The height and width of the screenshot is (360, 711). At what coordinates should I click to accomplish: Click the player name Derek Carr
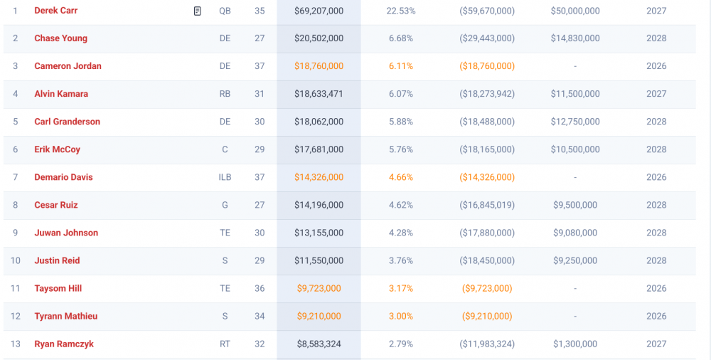click(x=56, y=11)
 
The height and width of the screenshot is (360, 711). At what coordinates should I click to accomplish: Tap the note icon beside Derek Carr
click(x=198, y=11)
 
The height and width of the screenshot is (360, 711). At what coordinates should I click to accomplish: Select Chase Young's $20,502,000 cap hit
click(x=319, y=38)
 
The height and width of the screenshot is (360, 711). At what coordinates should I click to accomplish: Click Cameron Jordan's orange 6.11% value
click(x=401, y=66)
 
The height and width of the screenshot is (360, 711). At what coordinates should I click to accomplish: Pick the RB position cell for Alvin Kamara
click(x=225, y=94)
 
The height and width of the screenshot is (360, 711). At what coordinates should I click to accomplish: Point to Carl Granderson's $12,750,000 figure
click(x=574, y=122)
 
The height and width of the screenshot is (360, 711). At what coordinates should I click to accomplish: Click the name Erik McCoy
click(x=57, y=149)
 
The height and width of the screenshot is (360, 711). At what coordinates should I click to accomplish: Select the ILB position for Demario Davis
click(x=225, y=177)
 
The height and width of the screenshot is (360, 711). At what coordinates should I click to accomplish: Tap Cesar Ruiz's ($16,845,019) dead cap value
click(x=487, y=205)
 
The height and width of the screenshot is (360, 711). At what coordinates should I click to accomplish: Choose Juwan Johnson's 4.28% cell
click(x=401, y=233)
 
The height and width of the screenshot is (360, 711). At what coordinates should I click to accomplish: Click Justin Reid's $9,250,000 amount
click(x=574, y=260)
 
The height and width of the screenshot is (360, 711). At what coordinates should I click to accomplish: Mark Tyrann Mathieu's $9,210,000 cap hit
click(x=319, y=316)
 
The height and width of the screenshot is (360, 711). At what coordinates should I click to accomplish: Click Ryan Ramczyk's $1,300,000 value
click(x=574, y=344)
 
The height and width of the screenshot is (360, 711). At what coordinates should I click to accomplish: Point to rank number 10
click(x=16, y=260)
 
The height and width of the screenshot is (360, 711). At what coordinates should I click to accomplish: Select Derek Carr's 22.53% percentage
click(x=401, y=11)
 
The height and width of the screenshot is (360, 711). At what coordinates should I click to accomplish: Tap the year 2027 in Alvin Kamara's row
click(x=656, y=94)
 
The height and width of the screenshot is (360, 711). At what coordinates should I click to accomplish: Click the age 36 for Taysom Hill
click(x=260, y=288)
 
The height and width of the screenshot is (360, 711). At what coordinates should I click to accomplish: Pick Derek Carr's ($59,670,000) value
click(x=487, y=11)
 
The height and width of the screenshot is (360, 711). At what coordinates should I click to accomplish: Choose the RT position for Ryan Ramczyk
click(x=225, y=344)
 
